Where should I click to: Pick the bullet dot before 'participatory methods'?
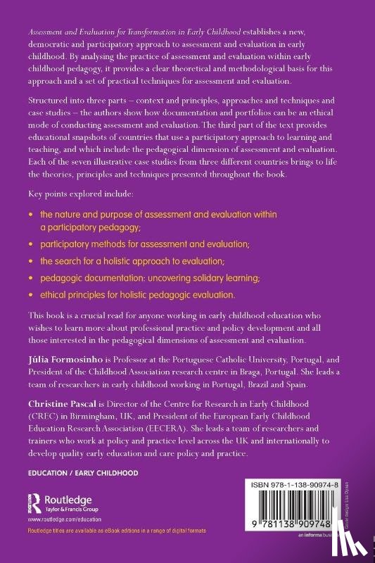30,244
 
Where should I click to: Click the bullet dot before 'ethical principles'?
30,293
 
